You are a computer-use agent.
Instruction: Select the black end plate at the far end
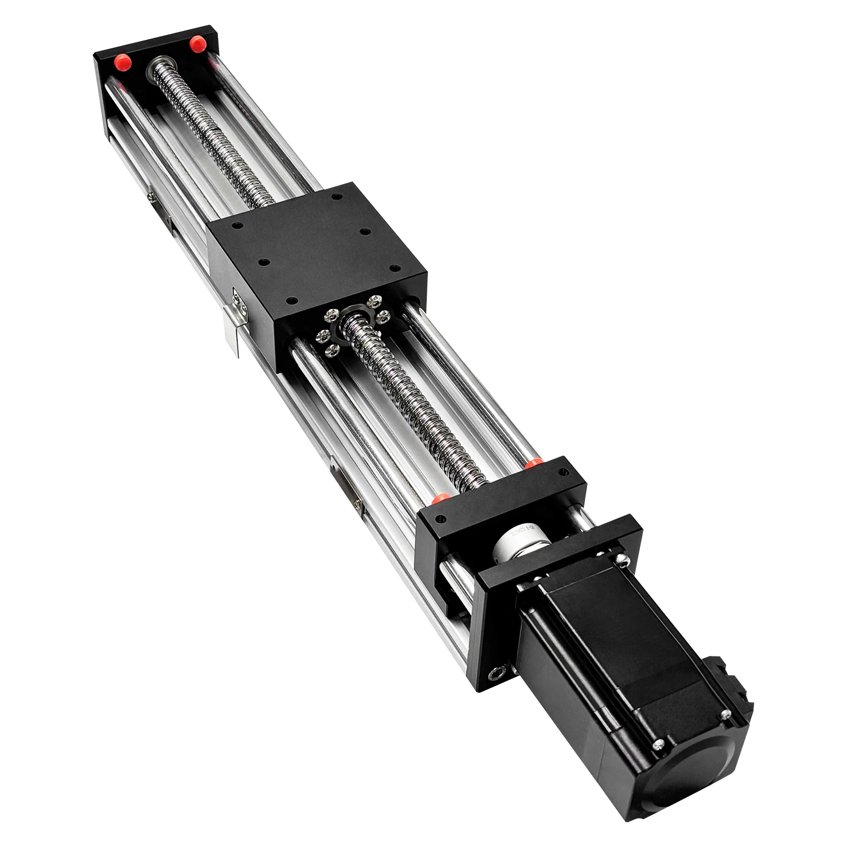point(154,58)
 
